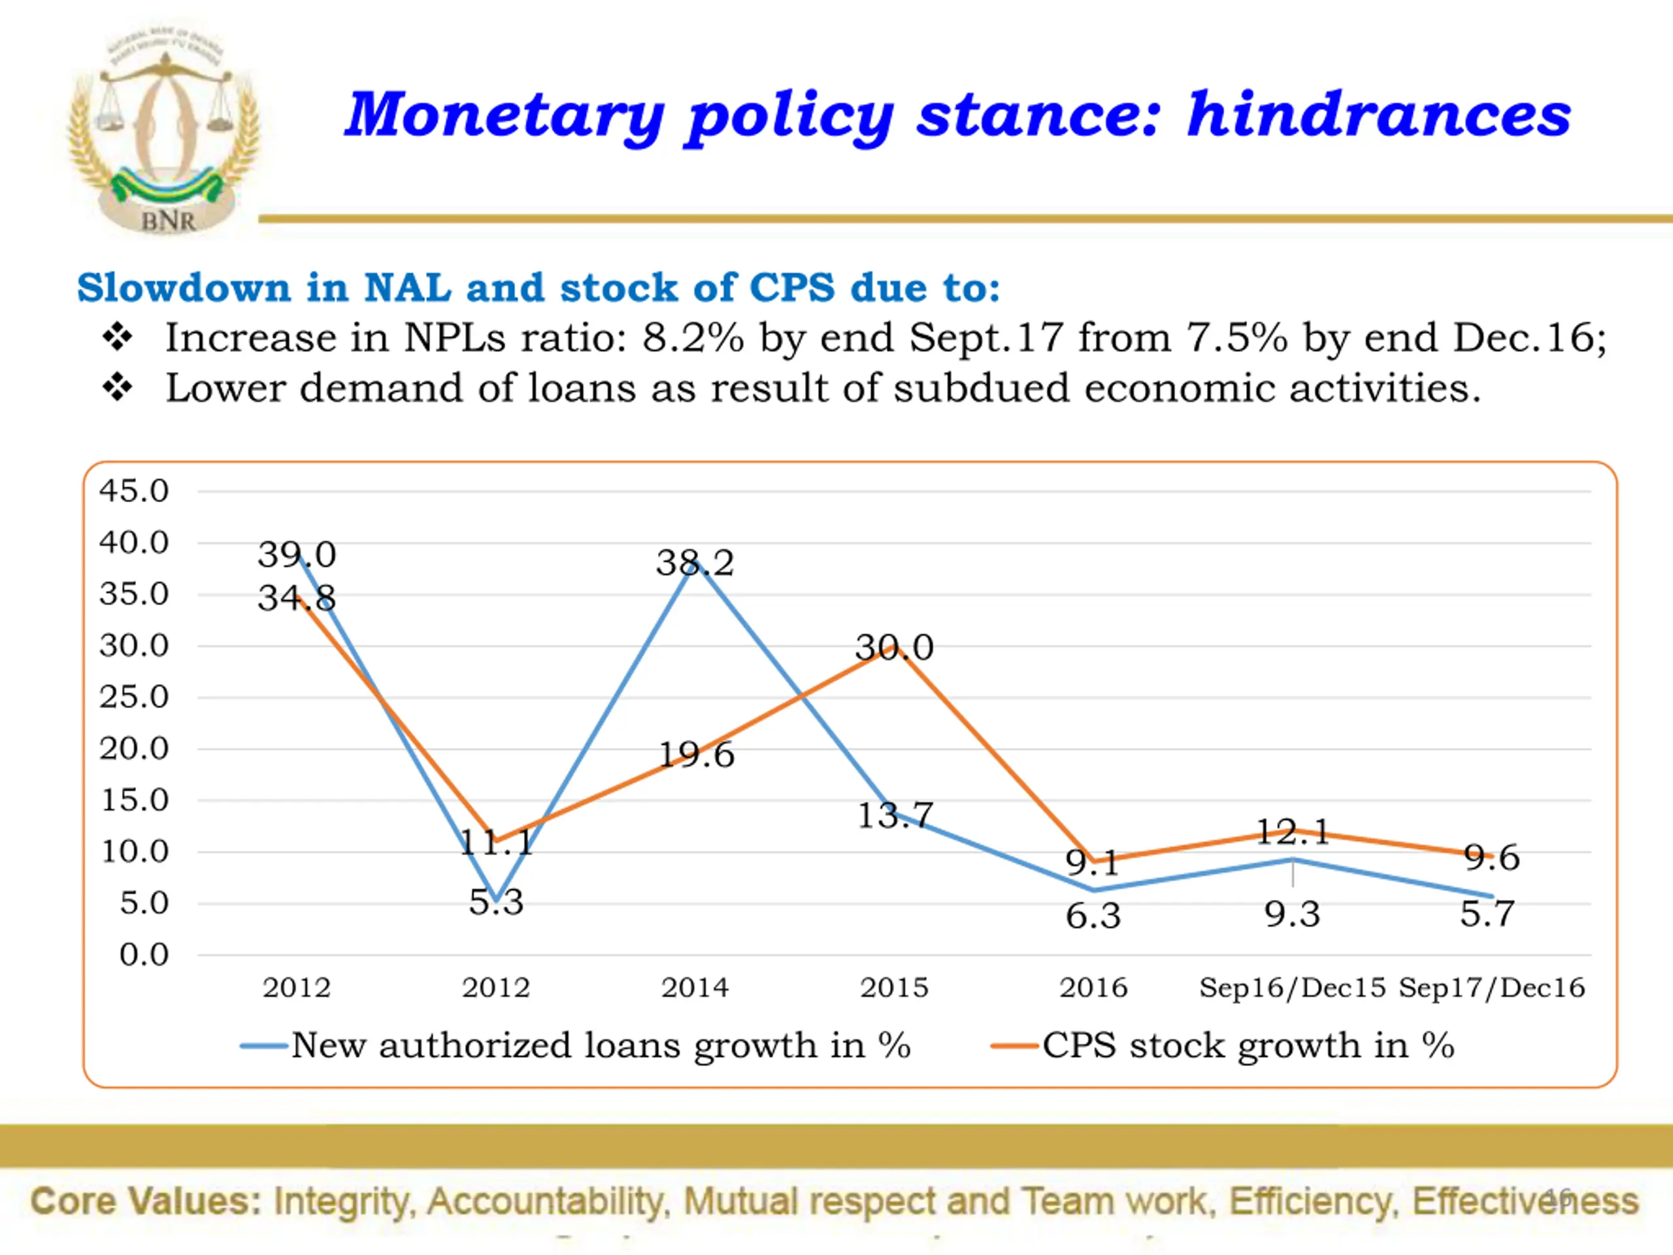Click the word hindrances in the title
click(1378, 115)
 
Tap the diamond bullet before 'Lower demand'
click(118, 388)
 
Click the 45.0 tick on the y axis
click(134, 491)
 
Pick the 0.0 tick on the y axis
click(144, 955)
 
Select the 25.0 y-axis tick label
click(134, 697)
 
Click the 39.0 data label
click(297, 554)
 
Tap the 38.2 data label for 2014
click(694, 563)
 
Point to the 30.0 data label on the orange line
click(894, 648)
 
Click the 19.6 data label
click(696, 755)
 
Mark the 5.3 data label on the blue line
click(496, 902)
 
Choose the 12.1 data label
click(1293, 832)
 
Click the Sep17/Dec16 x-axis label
click(1491, 988)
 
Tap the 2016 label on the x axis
click(1093, 988)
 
